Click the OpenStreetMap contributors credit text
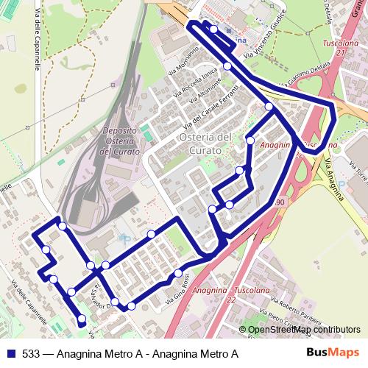click(x=302, y=330)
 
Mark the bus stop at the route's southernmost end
click(x=82, y=319)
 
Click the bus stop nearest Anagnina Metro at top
click(x=213, y=29)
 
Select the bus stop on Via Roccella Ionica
click(x=227, y=66)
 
